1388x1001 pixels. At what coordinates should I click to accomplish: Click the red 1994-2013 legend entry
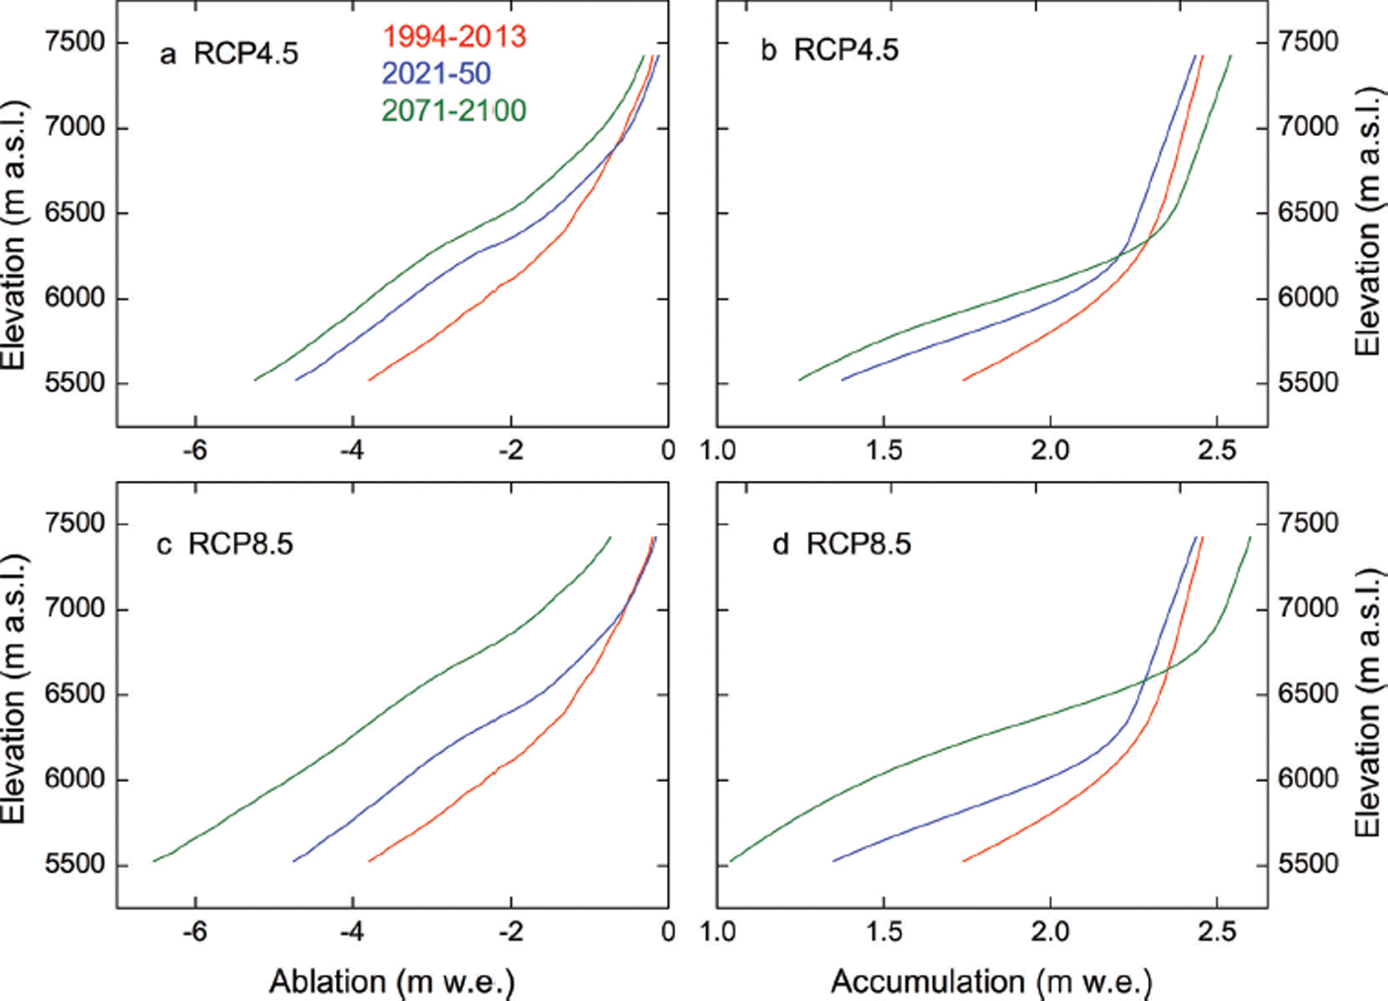pos(454,38)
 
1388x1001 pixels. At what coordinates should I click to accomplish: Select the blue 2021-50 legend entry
pos(436,73)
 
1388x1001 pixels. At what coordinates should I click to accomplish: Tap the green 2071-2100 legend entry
pos(454,110)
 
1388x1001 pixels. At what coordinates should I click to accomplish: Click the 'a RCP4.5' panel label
pos(229,53)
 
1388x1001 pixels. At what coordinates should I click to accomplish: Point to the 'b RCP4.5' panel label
pos(829,50)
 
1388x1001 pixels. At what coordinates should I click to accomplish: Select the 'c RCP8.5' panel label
pos(225,544)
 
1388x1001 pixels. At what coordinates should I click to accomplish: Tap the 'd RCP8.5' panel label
pos(841,544)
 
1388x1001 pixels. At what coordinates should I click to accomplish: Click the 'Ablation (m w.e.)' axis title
pos(392,981)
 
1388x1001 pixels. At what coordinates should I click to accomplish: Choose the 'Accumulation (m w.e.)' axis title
pos(991,981)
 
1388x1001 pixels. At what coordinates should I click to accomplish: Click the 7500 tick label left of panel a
pos(75,43)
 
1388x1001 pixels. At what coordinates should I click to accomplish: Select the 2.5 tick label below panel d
pos(1216,932)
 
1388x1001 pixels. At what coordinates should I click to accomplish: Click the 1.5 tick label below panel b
pos(883,450)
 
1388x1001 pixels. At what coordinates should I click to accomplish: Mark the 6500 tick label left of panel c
pos(75,693)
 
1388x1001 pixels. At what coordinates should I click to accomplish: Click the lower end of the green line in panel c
pos(154,861)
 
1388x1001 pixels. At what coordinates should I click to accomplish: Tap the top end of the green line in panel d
pos(1249,538)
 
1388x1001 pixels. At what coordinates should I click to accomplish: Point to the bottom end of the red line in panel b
pos(964,380)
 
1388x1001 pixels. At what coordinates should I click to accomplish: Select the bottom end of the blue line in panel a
pos(296,380)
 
